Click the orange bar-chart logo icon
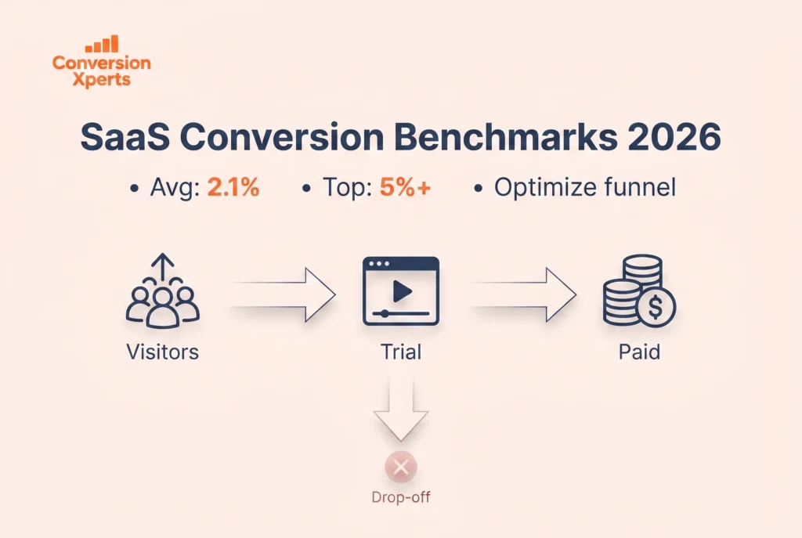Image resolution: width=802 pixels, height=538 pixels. (102, 44)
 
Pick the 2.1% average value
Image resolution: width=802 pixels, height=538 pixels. (233, 189)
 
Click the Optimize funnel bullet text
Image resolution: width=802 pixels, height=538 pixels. (584, 189)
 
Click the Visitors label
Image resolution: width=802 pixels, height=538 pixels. (163, 352)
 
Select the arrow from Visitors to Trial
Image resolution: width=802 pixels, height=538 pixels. (283, 294)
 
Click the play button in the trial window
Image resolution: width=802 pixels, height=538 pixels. (402, 291)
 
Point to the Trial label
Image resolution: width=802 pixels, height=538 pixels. (402, 352)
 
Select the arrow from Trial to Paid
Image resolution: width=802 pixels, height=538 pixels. (523, 294)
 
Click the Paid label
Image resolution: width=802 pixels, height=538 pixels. (638, 352)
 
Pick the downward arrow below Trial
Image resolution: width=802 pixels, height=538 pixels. (402, 411)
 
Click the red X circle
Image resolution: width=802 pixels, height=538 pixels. (401, 468)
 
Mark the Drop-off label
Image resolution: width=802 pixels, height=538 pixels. (401, 496)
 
